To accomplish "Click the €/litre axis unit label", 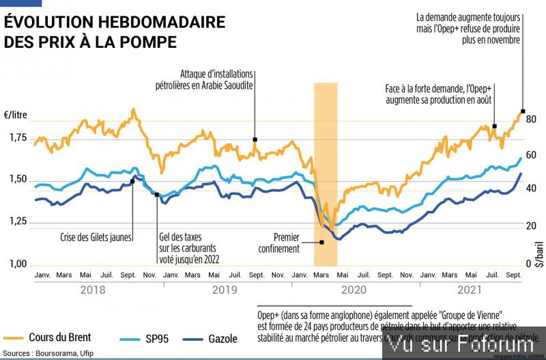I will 16,115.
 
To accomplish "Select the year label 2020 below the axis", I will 354,290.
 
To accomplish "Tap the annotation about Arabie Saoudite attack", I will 216,79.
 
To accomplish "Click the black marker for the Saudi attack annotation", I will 255,139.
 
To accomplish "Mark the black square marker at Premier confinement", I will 321,242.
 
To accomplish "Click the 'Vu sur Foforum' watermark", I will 463,348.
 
